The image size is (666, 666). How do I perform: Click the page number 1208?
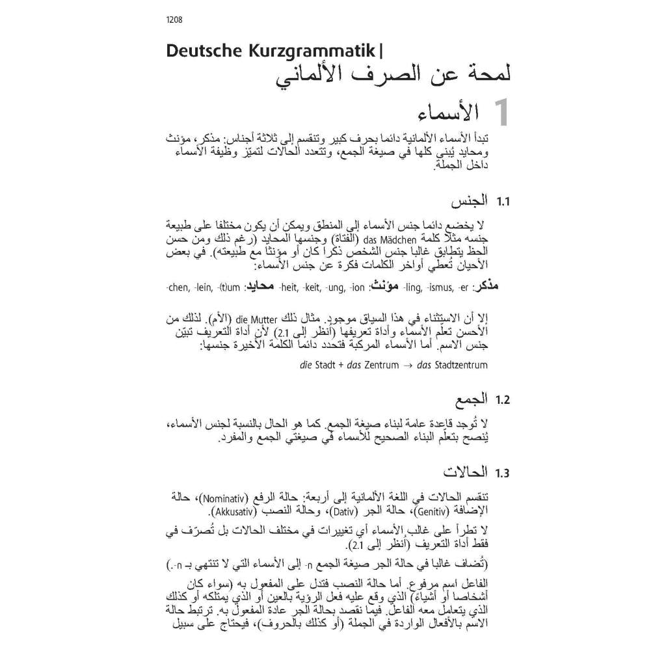pos(174,20)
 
